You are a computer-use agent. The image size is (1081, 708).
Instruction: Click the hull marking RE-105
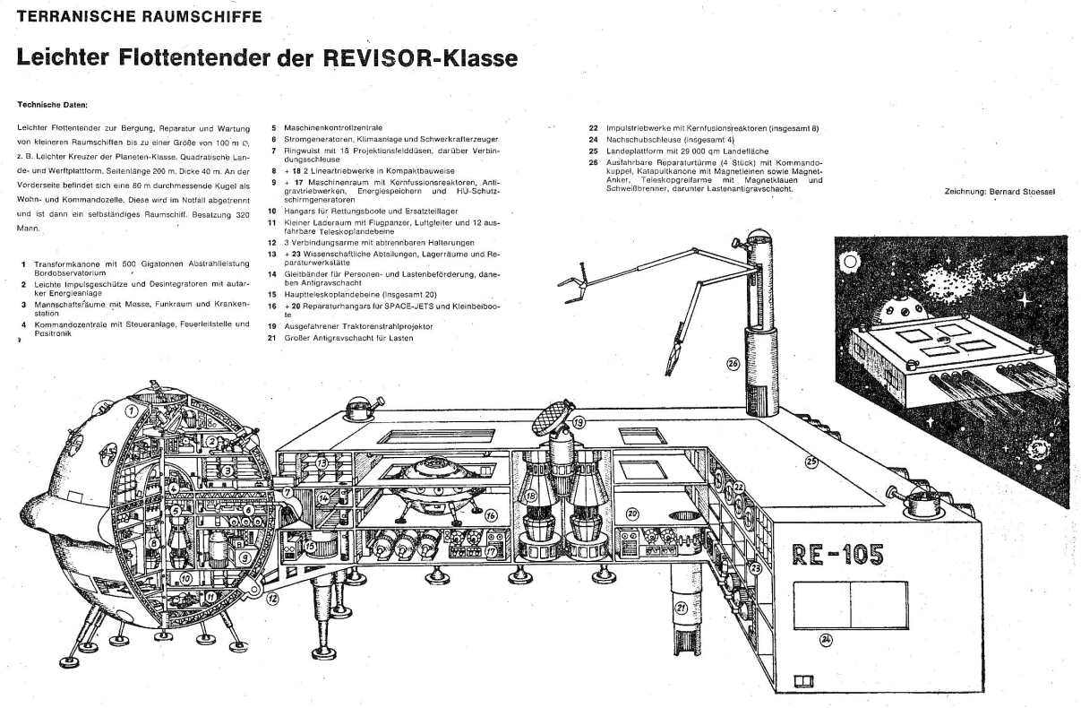coord(838,556)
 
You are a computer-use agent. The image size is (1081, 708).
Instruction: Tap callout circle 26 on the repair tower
coord(733,363)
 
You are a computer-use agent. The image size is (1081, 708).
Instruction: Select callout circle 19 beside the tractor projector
coord(579,422)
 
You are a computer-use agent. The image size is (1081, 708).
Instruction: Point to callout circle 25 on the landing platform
coord(811,462)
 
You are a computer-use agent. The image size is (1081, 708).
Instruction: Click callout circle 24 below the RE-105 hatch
coord(826,639)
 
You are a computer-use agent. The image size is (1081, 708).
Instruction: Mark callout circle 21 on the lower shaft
coord(681,608)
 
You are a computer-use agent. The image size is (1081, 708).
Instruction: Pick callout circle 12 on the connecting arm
coord(271,598)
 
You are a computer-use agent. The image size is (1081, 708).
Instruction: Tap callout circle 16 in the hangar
coord(491,515)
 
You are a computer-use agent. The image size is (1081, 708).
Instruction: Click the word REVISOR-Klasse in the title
coord(430,59)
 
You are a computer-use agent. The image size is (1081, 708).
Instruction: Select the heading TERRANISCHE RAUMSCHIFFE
coord(140,16)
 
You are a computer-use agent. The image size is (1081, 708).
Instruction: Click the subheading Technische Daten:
coord(52,104)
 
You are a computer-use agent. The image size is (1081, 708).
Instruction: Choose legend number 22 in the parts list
coord(593,128)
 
